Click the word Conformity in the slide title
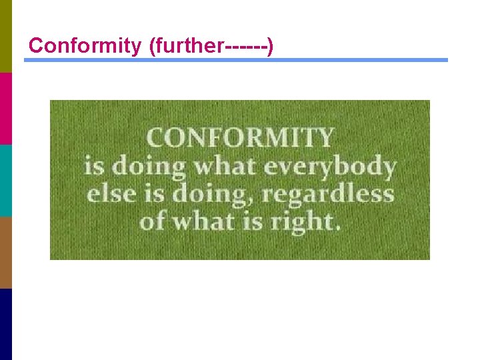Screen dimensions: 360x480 [x=83, y=45]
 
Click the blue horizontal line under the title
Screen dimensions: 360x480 [x=236, y=60]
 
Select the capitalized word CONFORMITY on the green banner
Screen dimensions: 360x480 [x=239, y=138]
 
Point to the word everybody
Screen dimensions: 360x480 [x=329, y=166]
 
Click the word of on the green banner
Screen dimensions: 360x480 [x=151, y=221]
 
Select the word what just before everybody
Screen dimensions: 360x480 [x=225, y=166]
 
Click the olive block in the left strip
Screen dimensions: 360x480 [x=6, y=36]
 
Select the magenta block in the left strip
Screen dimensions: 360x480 [x=6, y=108]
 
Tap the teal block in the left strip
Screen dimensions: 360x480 [x=6, y=180]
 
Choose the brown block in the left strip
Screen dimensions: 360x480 [x=6, y=252]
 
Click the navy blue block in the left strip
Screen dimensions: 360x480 [x=6, y=324]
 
